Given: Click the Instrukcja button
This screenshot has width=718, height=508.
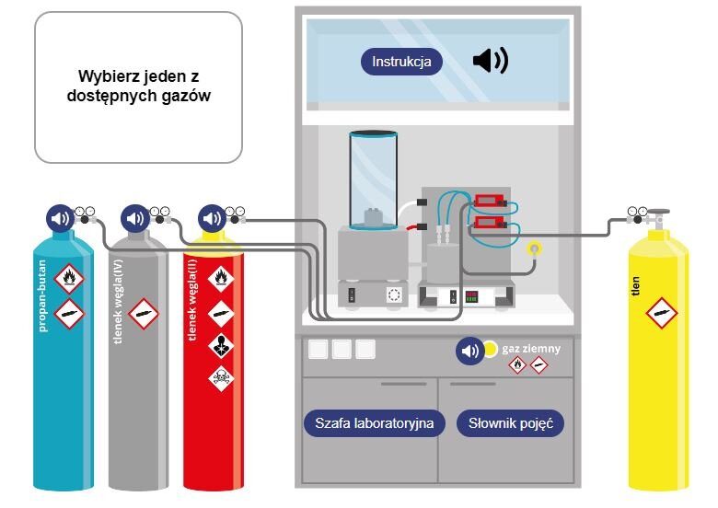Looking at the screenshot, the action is [401, 62].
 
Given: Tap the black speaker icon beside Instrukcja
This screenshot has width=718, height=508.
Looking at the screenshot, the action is [491, 60].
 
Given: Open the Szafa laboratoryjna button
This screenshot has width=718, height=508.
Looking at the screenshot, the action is [374, 423].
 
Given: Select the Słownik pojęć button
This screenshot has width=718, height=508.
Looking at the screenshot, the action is [511, 423].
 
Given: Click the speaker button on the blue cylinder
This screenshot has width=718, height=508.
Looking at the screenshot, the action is [60, 218].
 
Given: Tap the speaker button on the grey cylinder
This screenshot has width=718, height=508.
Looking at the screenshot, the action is [135, 218].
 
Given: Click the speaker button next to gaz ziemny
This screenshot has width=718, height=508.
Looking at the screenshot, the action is [469, 351].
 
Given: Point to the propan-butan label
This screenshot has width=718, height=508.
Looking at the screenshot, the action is [41, 295].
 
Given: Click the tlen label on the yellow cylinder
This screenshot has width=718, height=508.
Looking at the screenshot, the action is [635, 286].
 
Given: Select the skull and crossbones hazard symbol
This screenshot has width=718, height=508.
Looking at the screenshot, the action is [221, 377].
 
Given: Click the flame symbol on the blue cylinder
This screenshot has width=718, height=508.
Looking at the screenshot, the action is [69, 278].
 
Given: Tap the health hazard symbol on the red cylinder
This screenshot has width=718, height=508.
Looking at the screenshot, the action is [221, 345].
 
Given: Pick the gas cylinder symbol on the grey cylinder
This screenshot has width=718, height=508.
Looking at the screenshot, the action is [144, 314].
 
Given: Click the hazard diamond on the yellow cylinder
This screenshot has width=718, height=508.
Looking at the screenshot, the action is [662, 313].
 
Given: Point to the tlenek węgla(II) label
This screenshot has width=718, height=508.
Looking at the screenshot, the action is [192, 300].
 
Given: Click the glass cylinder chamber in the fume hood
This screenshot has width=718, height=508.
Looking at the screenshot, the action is [373, 179].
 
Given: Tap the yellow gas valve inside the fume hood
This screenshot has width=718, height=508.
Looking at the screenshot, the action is [534, 249].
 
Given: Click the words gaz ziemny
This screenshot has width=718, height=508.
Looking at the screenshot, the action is [531, 349].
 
